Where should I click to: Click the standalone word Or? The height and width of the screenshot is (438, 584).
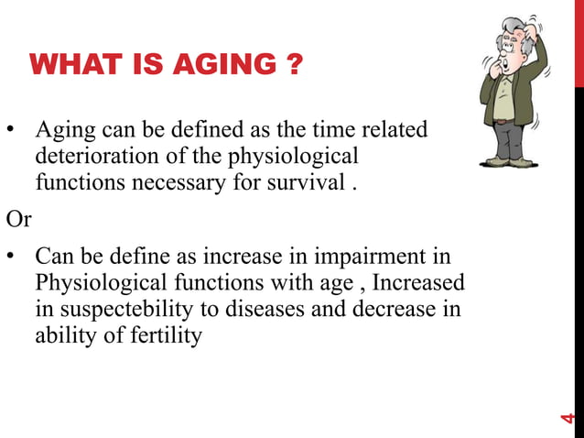pos(18,219)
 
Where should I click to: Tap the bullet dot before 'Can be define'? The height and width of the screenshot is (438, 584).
pos(13,258)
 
